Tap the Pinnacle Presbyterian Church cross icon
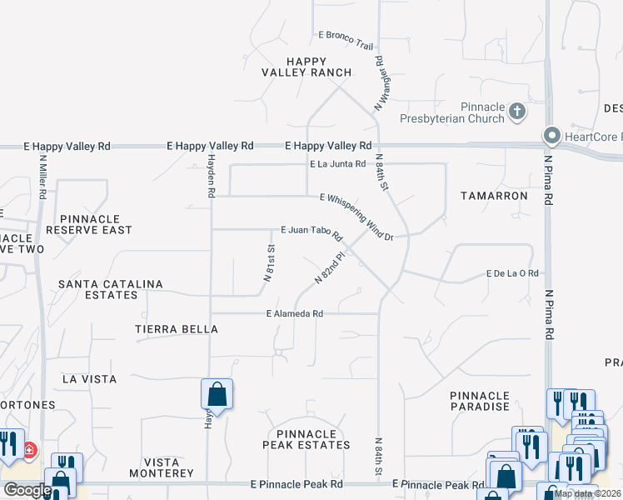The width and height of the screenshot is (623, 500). (516, 111)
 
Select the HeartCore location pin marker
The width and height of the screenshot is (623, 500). (551, 135)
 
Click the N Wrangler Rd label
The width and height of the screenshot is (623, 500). (381, 83)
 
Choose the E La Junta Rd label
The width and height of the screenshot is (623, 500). (338, 164)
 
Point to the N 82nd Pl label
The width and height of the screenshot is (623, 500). (329, 268)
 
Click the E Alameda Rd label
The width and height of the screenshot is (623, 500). (294, 314)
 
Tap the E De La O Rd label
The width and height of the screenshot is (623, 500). (513, 273)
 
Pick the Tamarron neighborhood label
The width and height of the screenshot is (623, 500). (494, 196)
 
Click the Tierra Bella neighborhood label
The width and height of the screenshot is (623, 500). (177, 329)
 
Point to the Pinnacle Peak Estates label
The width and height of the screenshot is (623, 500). (308, 439)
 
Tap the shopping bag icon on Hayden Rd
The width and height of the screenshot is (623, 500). (217, 394)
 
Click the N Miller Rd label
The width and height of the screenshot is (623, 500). (42, 177)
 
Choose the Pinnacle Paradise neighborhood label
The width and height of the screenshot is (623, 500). (479, 401)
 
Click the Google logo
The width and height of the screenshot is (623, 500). (27, 490)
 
